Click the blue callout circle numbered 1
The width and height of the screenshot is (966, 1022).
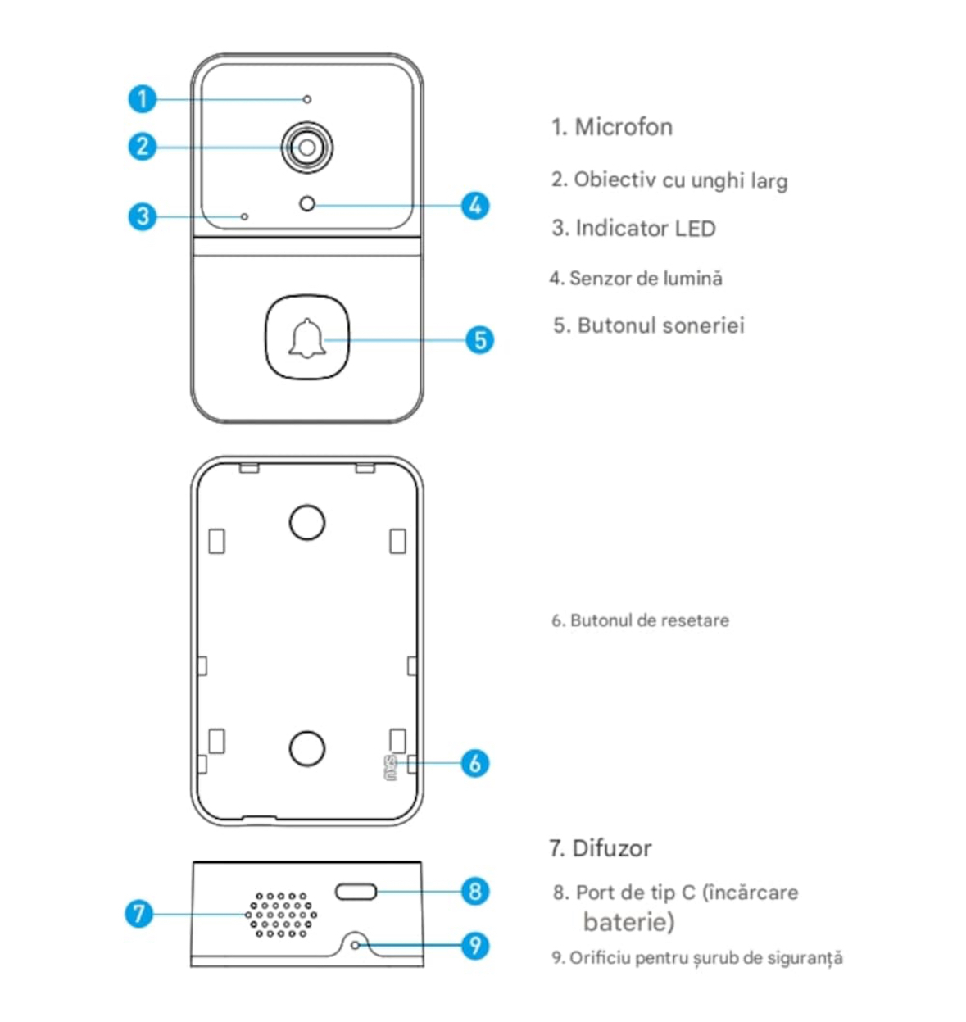tap(143, 99)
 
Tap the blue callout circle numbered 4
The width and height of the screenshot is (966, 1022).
tap(475, 205)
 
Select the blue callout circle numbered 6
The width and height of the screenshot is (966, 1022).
tap(475, 763)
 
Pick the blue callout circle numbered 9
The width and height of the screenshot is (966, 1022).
tap(475, 946)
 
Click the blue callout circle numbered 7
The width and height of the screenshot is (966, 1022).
tap(139, 913)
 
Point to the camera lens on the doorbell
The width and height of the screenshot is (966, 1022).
tap(307, 148)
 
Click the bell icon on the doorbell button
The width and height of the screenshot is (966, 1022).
tap(307, 338)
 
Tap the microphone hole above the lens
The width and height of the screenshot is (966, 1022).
tap(307, 99)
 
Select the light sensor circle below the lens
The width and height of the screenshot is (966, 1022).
tap(307, 203)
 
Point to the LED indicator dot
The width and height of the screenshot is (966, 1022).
tap(244, 216)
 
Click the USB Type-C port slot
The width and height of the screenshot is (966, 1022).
tap(356, 892)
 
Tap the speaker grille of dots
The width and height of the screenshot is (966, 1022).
tap(281, 914)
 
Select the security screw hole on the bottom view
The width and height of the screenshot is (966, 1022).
tap(355, 945)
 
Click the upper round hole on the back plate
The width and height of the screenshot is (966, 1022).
tap(307, 522)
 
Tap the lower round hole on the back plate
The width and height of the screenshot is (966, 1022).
tap(307, 747)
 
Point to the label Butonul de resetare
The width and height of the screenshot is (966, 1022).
tap(649, 620)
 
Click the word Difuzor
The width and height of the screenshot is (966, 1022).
tap(611, 848)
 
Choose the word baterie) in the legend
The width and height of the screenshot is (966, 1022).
tap(628, 922)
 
